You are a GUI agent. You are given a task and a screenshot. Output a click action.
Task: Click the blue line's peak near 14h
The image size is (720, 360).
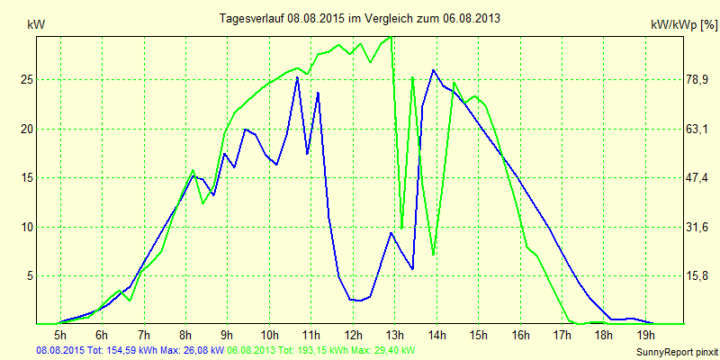pos(433,69)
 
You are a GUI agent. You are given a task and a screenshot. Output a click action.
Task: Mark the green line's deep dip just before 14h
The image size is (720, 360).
pos(434,255)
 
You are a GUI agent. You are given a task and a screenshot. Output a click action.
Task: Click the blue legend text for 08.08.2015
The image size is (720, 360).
pos(130,349)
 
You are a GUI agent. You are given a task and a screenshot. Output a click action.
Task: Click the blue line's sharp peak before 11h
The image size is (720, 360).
pos(297,77)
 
